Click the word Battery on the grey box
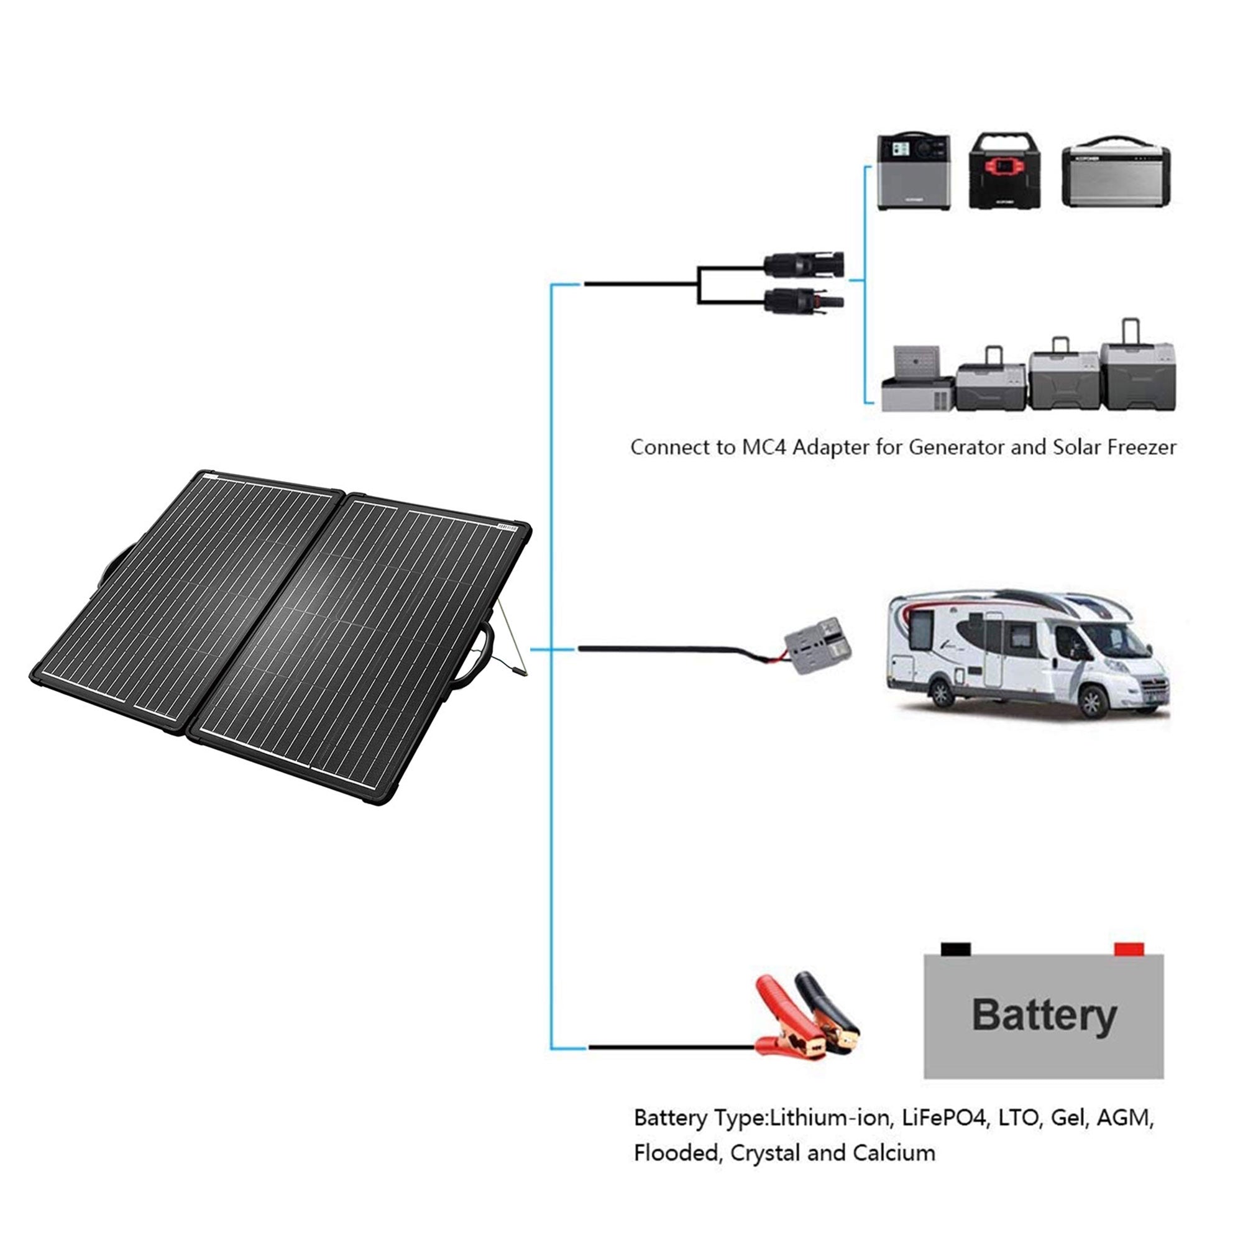point(1043,1016)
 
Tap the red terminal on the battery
point(1129,949)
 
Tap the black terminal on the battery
point(955,949)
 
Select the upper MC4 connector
point(804,264)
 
